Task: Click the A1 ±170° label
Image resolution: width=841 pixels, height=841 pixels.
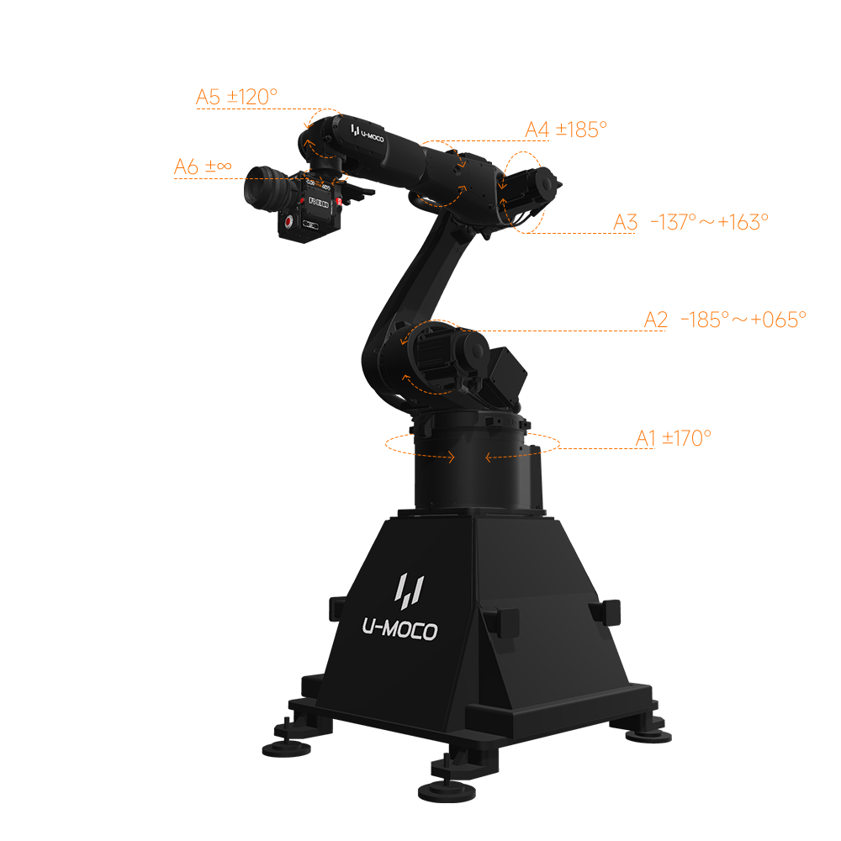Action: click(x=674, y=438)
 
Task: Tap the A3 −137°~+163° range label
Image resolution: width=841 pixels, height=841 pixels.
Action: click(x=690, y=222)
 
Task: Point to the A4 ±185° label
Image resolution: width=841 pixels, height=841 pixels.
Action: click(x=565, y=130)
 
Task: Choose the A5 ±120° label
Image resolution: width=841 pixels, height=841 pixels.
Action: click(x=236, y=97)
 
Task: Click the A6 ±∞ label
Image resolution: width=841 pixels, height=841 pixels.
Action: click(x=203, y=167)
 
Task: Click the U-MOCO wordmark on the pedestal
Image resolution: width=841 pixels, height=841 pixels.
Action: click(x=399, y=630)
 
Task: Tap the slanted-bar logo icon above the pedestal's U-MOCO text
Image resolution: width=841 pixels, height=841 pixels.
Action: click(x=410, y=588)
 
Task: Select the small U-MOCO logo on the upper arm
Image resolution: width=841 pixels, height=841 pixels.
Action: click(x=368, y=134)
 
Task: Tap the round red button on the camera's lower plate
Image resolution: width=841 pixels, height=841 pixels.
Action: click(x=289, y=223)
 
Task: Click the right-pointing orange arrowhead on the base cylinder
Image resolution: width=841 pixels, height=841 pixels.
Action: click(x=452, y=458)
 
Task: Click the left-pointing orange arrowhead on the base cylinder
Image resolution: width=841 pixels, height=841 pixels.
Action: click(x=488, y=458)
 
